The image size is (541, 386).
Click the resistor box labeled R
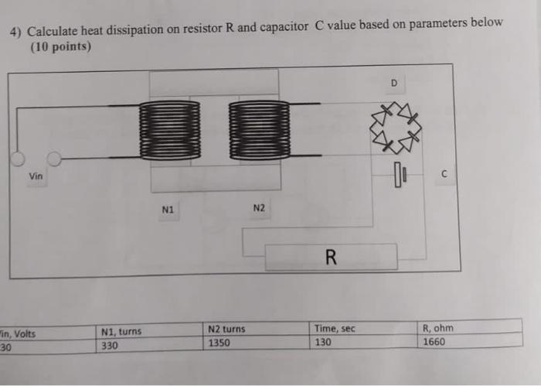331,257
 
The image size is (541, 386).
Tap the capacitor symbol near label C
399,176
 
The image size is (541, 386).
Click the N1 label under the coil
168,208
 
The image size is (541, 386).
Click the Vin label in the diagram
36,176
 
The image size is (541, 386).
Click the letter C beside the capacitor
444,175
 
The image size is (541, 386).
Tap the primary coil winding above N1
168,129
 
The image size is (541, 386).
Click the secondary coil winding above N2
259,129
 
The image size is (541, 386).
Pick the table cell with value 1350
219,343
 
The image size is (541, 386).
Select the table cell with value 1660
434,341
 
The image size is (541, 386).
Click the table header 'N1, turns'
121,332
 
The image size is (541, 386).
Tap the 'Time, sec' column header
335,329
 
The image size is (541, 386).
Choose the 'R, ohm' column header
438,328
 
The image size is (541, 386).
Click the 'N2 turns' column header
226,330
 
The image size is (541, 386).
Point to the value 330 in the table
110,346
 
